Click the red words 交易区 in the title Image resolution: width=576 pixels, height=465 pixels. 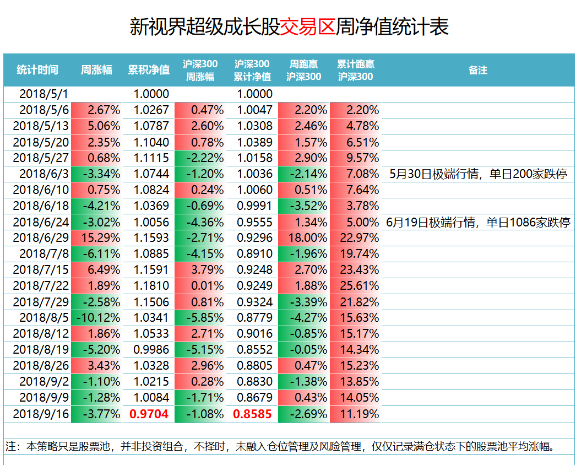coord(308,26)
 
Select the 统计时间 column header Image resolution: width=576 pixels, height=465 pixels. coord(37,70)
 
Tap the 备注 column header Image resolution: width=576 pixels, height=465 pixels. coord(477,70)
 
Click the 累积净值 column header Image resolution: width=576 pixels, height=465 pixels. coord(149,70)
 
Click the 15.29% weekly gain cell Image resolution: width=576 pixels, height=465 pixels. coord(97,238)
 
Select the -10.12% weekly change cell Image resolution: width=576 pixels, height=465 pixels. coord(97,318)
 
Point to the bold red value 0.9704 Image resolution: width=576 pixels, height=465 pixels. coord(149,414)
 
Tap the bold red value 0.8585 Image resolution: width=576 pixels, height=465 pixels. coord(253,414)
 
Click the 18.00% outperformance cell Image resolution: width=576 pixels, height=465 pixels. coord(305,238)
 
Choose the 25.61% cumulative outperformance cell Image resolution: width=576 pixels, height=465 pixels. coord(356,286)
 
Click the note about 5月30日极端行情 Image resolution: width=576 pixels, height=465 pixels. coord(477,174)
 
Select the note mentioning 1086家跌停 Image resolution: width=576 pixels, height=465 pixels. coord(477,222)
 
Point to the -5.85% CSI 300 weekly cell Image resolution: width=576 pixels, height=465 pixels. coord(201,318)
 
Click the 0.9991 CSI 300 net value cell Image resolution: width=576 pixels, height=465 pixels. coord(253,206)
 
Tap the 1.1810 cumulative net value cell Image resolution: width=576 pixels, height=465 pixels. coord(149,286)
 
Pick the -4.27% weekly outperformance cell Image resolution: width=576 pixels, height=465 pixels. coord(305,318)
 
